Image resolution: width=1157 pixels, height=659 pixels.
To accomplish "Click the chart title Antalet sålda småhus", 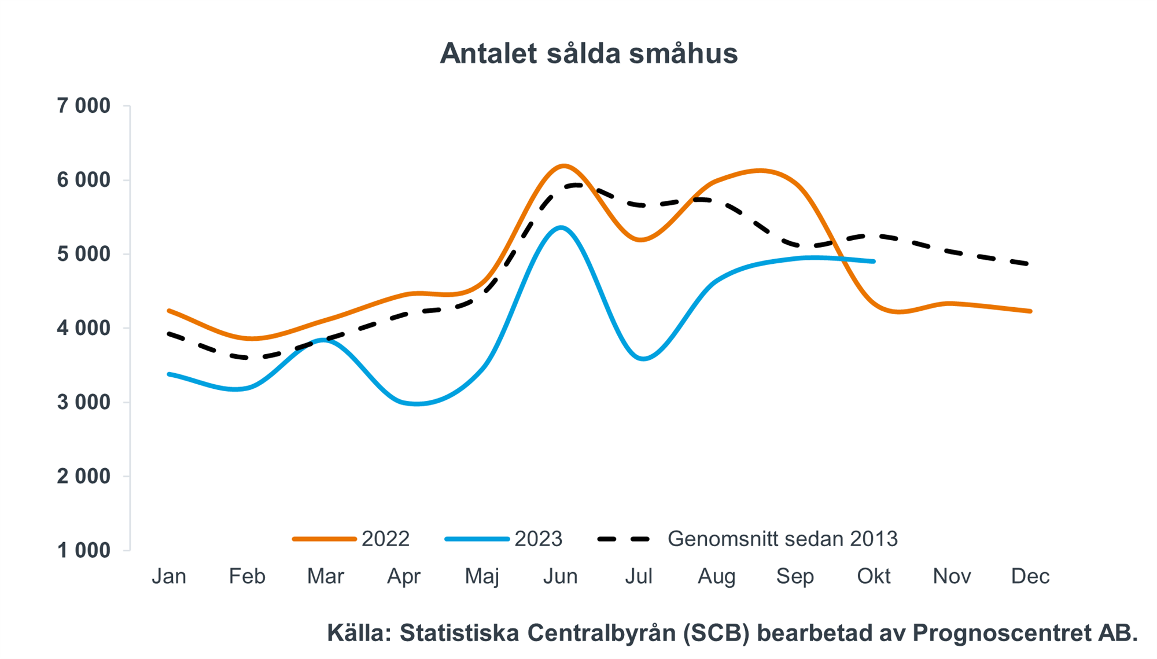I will [x=588, y=54].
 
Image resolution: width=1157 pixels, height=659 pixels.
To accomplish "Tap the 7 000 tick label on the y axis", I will [x=83, y=106].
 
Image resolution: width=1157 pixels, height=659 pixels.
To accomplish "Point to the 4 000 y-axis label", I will [x=83, y=328].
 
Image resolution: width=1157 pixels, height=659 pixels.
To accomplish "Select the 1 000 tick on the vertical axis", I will [x=83, y=550].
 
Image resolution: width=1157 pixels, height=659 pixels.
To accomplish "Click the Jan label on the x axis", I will [x=169, y=576].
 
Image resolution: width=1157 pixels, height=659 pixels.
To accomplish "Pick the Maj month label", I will [x=482, y=576].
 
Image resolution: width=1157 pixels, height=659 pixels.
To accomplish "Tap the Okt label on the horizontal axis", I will [x=874, y=576].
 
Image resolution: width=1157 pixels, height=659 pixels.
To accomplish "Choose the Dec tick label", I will [x=1030, y=576].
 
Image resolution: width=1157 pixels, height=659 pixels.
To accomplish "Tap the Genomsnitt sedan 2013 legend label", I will [x=782, y=539].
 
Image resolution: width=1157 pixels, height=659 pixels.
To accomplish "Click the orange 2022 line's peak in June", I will [x=563, y=166].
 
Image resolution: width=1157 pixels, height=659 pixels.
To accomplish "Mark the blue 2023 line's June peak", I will [x=560, y=227].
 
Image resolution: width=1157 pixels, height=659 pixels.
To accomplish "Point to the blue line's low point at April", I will [x=417, y=404].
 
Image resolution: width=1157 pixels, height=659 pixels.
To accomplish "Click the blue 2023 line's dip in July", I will [x=643, y=359].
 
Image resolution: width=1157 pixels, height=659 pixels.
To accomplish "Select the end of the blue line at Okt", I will [x=874, y=262].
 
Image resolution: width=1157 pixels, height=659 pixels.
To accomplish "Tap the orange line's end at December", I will [x=1030, y=311].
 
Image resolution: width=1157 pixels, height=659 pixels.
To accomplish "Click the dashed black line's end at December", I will [x=1029, y=264].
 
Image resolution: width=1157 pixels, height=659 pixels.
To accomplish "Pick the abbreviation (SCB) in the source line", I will [x=716, y=633].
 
